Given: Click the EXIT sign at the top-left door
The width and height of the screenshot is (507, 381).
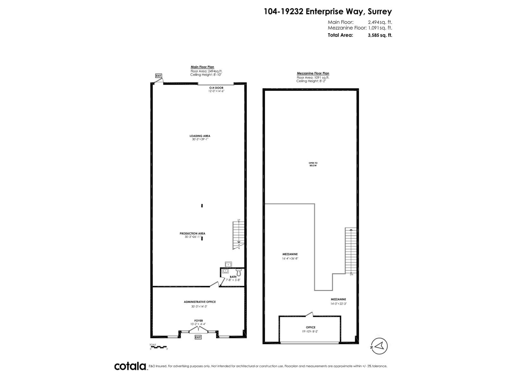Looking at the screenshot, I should click(x=158, y=76).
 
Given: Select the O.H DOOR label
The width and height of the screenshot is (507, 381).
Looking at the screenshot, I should click(x=216, y=88).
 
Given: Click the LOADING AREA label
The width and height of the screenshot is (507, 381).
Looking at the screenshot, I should click(x=200, y=136).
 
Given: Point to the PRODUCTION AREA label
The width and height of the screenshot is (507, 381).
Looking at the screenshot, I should click(x=193, y=233).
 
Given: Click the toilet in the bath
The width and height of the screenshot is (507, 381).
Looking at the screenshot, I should click(x=239, y=272).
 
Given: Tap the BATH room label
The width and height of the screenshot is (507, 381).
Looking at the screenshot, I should click(x=233, y=277).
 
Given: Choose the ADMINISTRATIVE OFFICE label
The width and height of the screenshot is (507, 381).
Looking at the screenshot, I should click(x=200, y=302).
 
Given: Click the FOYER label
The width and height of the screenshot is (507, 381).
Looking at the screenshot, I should click(x=199, y=321).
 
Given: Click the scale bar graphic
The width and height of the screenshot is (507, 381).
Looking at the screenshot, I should click(x=158, y=347).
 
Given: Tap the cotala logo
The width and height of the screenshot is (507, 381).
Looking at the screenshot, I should click(x=130, y=375).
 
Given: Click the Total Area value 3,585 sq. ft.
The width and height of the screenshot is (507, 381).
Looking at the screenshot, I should click(x=379, y=35).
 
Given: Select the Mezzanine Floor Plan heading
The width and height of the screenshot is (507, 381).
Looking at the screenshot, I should click(x=313, y=73).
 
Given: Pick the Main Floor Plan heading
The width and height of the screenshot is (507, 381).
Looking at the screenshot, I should click(x=202, y=67).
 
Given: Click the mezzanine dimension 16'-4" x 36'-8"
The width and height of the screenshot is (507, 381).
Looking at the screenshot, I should click(x=290, y=258).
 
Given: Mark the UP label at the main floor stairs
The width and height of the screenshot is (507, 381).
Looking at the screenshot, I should click(x=239, y=220).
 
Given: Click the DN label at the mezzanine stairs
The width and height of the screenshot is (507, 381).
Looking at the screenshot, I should click(x=351, y=274).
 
